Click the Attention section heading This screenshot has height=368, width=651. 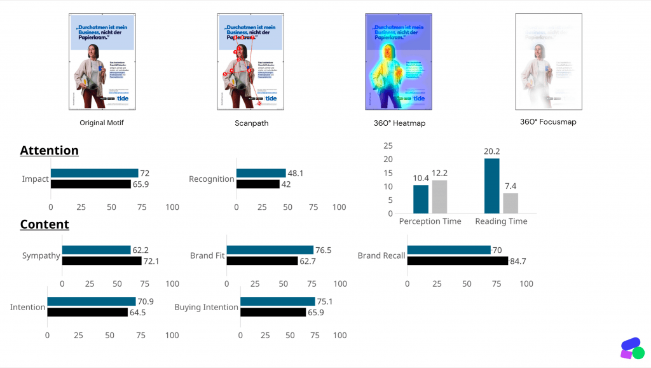coord(49,151)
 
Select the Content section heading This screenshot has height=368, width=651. coord(45,224)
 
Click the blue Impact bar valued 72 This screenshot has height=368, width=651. coord(94,173)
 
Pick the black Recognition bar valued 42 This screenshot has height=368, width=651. coord(257,184)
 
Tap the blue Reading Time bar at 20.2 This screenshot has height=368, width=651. coord(491,186)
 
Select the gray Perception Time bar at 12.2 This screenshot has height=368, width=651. coord(439,196)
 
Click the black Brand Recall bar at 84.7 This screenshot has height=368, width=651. coord(457,261)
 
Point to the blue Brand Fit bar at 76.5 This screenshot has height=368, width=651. coord(270,250)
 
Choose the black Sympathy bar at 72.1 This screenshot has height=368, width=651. coord(102,261)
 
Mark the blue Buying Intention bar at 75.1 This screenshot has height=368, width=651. coord(277,301)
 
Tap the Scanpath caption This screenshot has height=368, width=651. coord(251,123)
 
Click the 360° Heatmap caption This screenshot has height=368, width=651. coord(401,123)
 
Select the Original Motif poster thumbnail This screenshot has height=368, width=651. coord(102,61)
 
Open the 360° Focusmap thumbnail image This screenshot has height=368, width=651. coord(548,61)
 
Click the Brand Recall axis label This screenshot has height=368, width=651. coord(381,256)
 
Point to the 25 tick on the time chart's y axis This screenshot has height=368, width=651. coord(388,145)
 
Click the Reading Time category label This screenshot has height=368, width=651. coord(501,221)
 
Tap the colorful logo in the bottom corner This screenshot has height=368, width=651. coord(632,348)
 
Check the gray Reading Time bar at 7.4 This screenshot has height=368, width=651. coord(511,203)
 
